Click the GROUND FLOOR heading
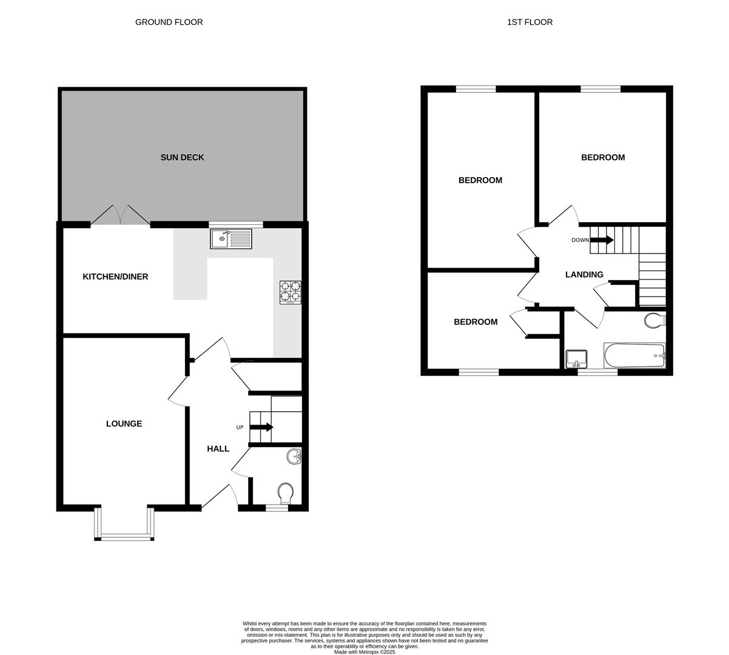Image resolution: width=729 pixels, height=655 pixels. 169,22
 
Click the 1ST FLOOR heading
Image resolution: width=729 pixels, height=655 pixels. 529,22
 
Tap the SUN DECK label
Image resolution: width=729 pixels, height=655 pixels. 182,158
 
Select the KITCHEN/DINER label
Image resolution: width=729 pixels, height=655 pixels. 115,277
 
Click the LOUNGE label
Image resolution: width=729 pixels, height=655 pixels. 124,424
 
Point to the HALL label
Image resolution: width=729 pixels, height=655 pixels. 218,449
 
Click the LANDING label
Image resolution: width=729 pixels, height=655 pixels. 584,275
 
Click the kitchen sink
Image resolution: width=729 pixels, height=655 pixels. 230,239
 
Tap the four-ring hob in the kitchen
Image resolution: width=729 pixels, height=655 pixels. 291,292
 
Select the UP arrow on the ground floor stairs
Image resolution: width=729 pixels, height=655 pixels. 261,428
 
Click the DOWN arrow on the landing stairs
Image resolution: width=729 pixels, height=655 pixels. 602,240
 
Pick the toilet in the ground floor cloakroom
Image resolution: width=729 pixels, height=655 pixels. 285,492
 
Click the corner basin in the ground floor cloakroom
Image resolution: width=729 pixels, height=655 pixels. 294,457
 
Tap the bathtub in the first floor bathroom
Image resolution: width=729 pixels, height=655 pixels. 634,356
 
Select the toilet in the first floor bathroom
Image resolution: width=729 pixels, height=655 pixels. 654,320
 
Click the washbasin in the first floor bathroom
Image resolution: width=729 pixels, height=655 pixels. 576,359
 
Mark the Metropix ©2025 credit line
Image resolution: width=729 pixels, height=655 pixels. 364,652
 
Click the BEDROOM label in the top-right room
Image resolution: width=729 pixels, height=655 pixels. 602,158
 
